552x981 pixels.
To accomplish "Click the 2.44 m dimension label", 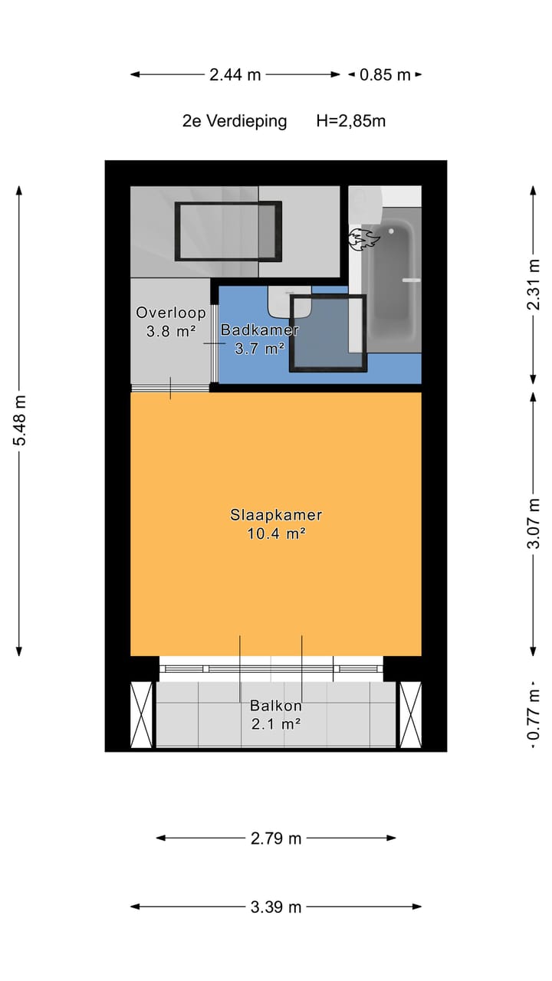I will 235,74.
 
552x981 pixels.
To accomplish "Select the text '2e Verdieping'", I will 235,120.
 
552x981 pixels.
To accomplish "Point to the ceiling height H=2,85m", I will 350,120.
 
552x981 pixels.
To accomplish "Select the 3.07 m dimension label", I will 534,524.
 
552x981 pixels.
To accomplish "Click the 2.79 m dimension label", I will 276,838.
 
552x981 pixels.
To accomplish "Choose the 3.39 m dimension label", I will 276,907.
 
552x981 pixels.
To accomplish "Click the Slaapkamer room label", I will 276,515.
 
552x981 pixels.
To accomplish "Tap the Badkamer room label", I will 259,330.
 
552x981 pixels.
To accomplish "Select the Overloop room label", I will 171,313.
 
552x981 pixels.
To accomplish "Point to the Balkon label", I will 276,706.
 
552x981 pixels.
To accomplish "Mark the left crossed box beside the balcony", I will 143,714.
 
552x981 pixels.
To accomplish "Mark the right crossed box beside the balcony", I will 410,714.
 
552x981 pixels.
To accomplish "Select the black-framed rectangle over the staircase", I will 228,231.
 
